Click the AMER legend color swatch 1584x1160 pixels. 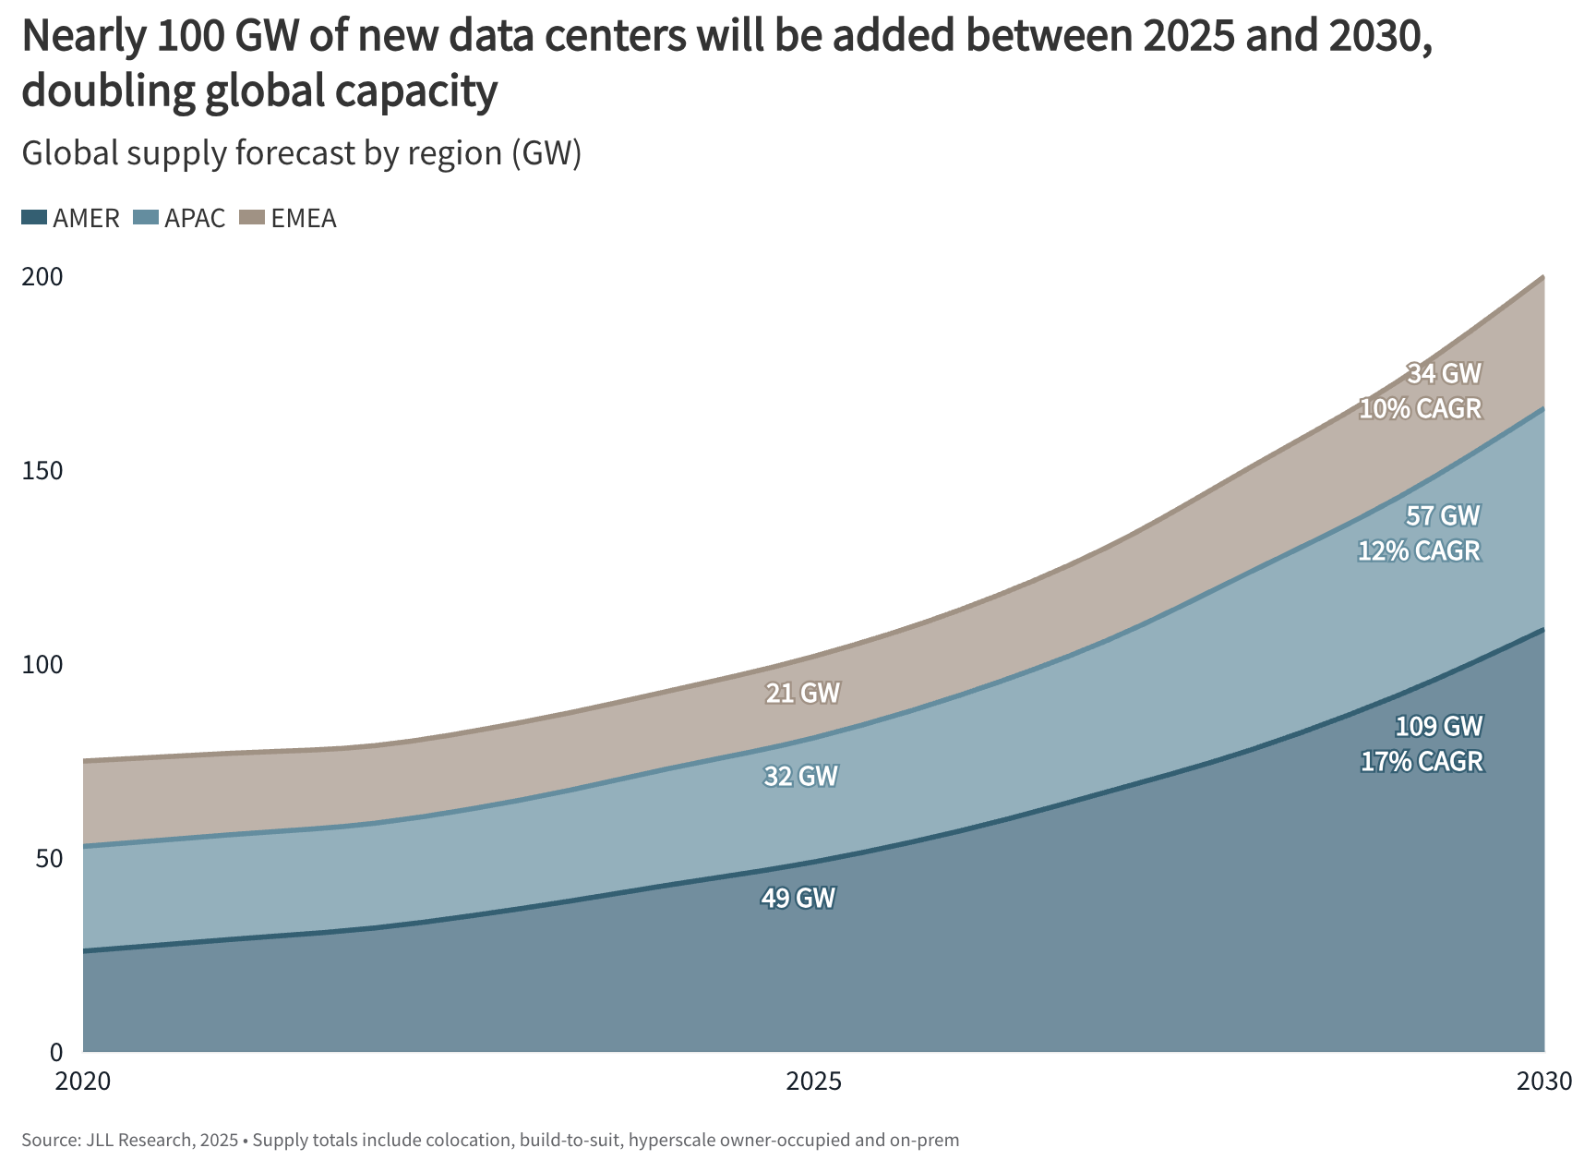click(x=34, y=218)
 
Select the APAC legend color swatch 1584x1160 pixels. click(x=146, y=218)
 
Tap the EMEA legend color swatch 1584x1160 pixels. click(x=252, y=218)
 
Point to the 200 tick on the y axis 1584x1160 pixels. click(x=42, y=276)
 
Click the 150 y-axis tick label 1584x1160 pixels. click(x=42, y=470)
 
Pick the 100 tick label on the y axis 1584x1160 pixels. click(x=42, y=664)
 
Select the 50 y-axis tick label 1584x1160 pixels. click(x=49, y=858)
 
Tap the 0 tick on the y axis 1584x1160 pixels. click(x=56, y=1052)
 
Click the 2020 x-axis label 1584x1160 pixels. click(x=83, y=1081)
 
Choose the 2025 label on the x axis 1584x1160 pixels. click(x=813, y=1081)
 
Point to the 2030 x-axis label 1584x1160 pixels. click(x=1543, y=1081)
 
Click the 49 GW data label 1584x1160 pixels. click(x=798, y=898)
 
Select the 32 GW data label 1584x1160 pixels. click(x=800, y=776)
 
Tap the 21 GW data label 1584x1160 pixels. click(x=802, y=693)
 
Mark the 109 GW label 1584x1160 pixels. click(x=1438, y=727)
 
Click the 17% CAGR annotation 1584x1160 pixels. click(x=1422, y=762)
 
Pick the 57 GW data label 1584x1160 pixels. click(x=1443, y=515)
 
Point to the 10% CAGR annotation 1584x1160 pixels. click(x=1420, y=408)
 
